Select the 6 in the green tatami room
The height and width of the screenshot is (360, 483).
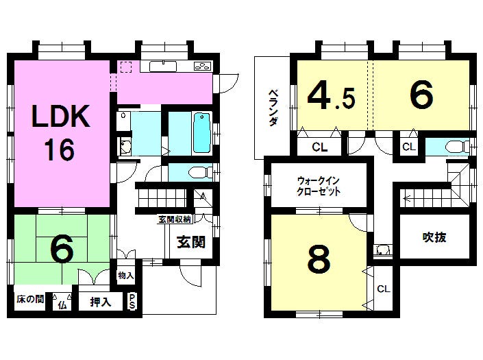tap(62, 250)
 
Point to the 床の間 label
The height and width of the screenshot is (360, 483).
tap(29, 300)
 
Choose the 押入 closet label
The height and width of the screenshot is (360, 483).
tap(99, 301)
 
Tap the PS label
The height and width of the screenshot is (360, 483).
tap(132, 302)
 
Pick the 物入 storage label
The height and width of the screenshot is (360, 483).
tap(125, 276)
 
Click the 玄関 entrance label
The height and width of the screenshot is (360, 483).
tap(191, 242)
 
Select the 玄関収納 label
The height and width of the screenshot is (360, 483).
tap(175, 219)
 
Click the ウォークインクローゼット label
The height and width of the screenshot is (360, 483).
tap(319, 187)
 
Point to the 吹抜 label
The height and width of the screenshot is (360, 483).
tap(434, 237)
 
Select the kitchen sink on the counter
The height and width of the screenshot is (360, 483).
tap(163, 67)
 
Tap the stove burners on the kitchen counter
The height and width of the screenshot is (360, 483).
tap(203, 67)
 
